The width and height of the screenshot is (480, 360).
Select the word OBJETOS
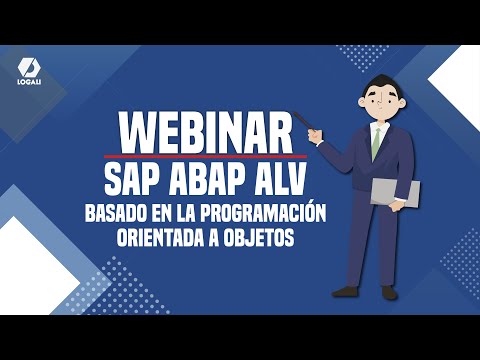click(x=259, y=241)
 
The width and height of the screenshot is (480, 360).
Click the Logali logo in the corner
click(x=28, y=72)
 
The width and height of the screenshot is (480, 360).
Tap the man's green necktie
click(x=376, y=143)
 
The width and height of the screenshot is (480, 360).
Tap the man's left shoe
click(x=388, y=292)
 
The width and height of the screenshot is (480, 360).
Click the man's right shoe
click(x=346, y=292)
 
